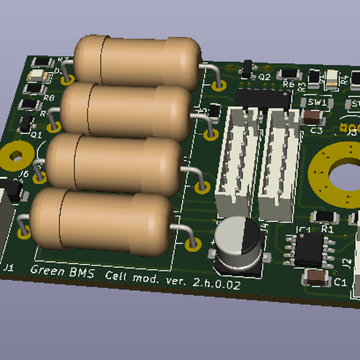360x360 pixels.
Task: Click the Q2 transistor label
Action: [265, 77]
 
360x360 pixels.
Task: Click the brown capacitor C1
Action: [316, 277]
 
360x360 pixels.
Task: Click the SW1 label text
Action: [317, 103]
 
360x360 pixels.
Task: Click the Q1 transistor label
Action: [36, 136]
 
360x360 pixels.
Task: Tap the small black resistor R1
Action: [325, 217]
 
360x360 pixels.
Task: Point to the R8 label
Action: [49, 97]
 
